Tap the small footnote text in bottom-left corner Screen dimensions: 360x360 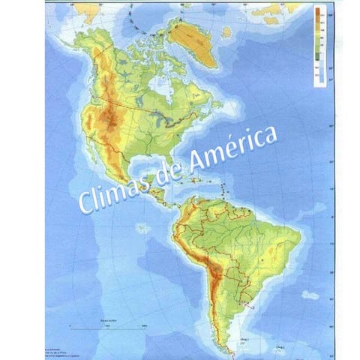tap(60, 334)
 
